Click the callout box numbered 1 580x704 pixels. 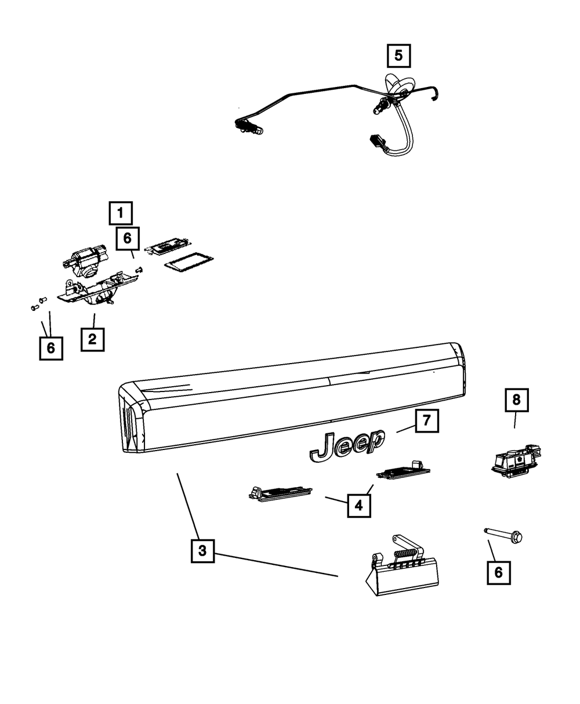[121, 213]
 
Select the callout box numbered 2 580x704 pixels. [92, 339]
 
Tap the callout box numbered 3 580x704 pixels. [202, 551]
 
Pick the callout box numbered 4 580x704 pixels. [358, 506]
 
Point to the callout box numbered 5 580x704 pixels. [398, 56]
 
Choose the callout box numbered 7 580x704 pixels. [427, 420]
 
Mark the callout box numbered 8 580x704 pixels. [516, 400]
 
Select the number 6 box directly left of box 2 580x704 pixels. [51, 348]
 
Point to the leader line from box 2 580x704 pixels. [94, 319]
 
